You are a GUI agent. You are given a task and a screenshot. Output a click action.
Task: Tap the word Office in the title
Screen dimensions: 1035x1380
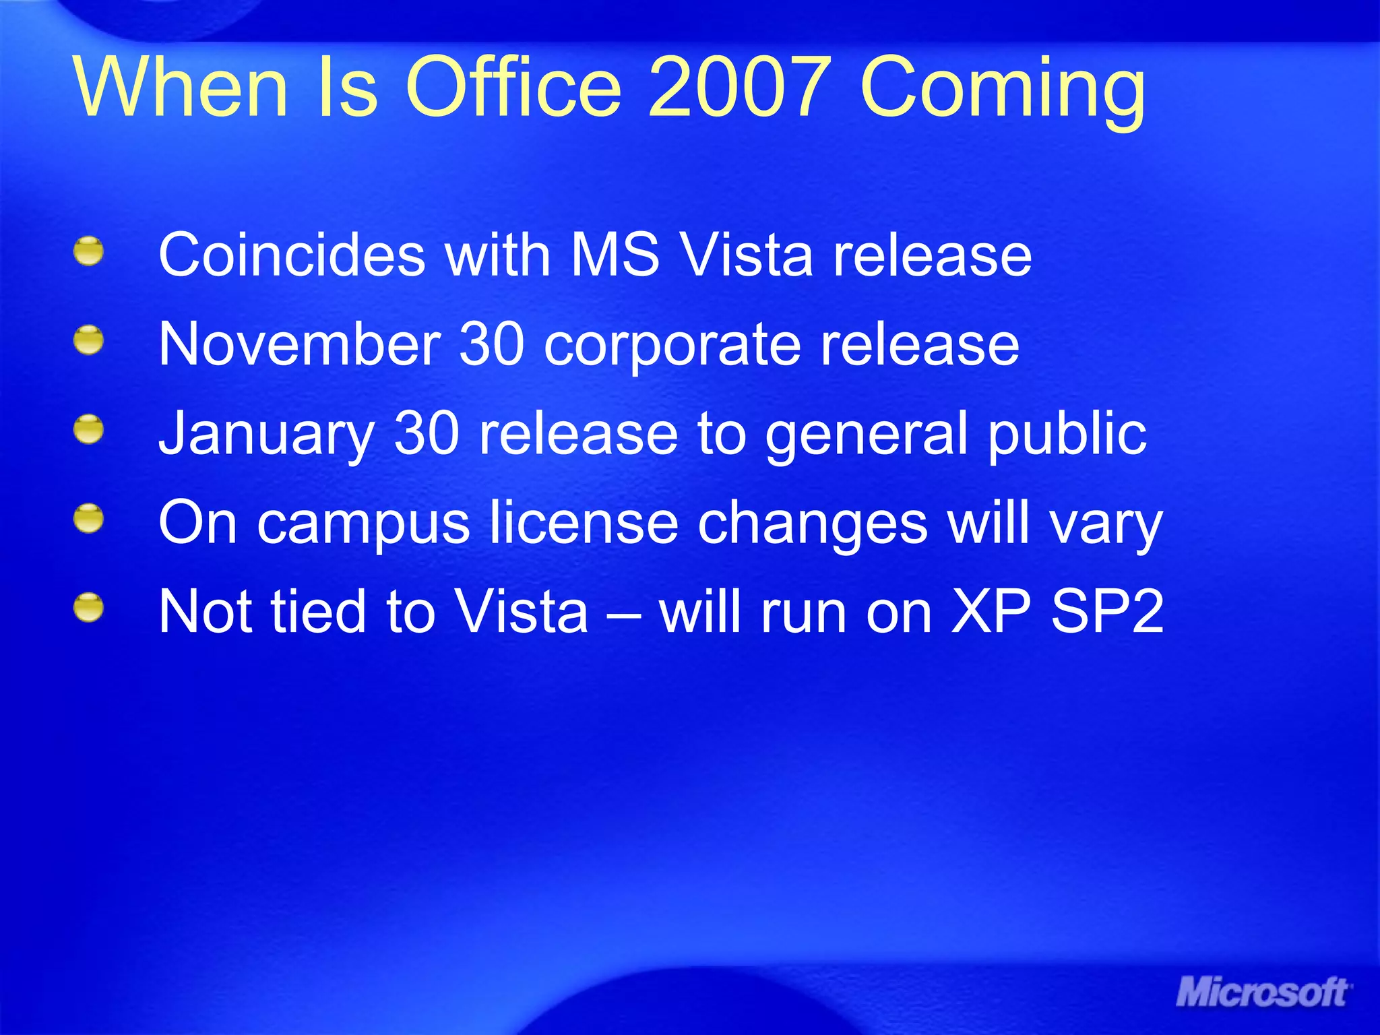click(512, 88)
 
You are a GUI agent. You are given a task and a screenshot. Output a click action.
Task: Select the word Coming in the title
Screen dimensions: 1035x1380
click(1002, 91)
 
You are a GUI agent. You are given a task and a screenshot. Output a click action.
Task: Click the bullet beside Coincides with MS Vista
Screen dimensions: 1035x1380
click(89, 251)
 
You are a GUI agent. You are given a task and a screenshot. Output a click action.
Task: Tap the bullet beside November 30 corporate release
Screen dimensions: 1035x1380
click(89, 340)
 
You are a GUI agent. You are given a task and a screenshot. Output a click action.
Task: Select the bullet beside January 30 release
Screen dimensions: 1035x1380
click(89, 430)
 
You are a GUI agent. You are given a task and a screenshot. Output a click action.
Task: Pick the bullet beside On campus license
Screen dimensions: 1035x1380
click(89, 520)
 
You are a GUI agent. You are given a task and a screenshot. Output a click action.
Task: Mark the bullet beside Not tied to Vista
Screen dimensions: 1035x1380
click(89, 608)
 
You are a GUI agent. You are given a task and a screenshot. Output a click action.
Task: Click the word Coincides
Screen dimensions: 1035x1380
click(291, 255)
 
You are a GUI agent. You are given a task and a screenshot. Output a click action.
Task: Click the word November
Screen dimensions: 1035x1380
click(299, 344)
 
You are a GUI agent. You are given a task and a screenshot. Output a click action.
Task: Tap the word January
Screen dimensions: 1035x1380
click(266, 435)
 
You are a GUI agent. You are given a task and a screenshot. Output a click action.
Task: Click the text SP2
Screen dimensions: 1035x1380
click(1107, 612)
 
